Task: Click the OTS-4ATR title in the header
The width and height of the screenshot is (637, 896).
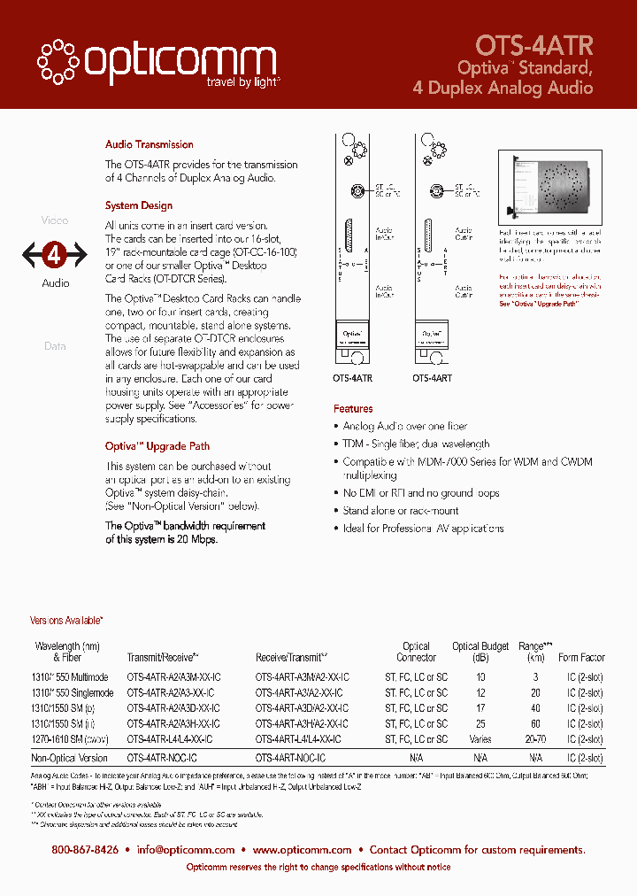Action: tap(533, 45)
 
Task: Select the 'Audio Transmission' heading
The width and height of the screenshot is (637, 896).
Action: tap(149, 144)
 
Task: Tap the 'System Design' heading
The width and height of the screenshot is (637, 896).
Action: tap(139, 205)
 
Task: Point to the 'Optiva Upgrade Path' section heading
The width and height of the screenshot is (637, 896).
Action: tap(157, 446)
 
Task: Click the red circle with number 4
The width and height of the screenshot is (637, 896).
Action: tap(55, 256)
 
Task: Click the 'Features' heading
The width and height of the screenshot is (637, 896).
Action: tap(353, 409)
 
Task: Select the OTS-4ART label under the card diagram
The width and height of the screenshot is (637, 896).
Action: tap(432, 378)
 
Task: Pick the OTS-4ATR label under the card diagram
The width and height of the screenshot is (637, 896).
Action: tap(353, 378)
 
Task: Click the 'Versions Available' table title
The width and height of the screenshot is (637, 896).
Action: tap(67, 622)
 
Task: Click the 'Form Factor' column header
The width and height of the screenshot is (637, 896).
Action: tap(581, 658)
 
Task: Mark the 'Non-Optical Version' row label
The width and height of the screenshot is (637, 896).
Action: tap(70, 758)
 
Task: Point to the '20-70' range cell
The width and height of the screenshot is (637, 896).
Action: tap(535, 738)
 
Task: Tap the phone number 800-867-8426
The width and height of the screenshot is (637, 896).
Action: tap(85, 850)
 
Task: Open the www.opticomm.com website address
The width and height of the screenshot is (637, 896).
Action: tap(302, 850)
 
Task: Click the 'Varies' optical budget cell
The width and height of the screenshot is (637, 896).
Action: tap(480, 738)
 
